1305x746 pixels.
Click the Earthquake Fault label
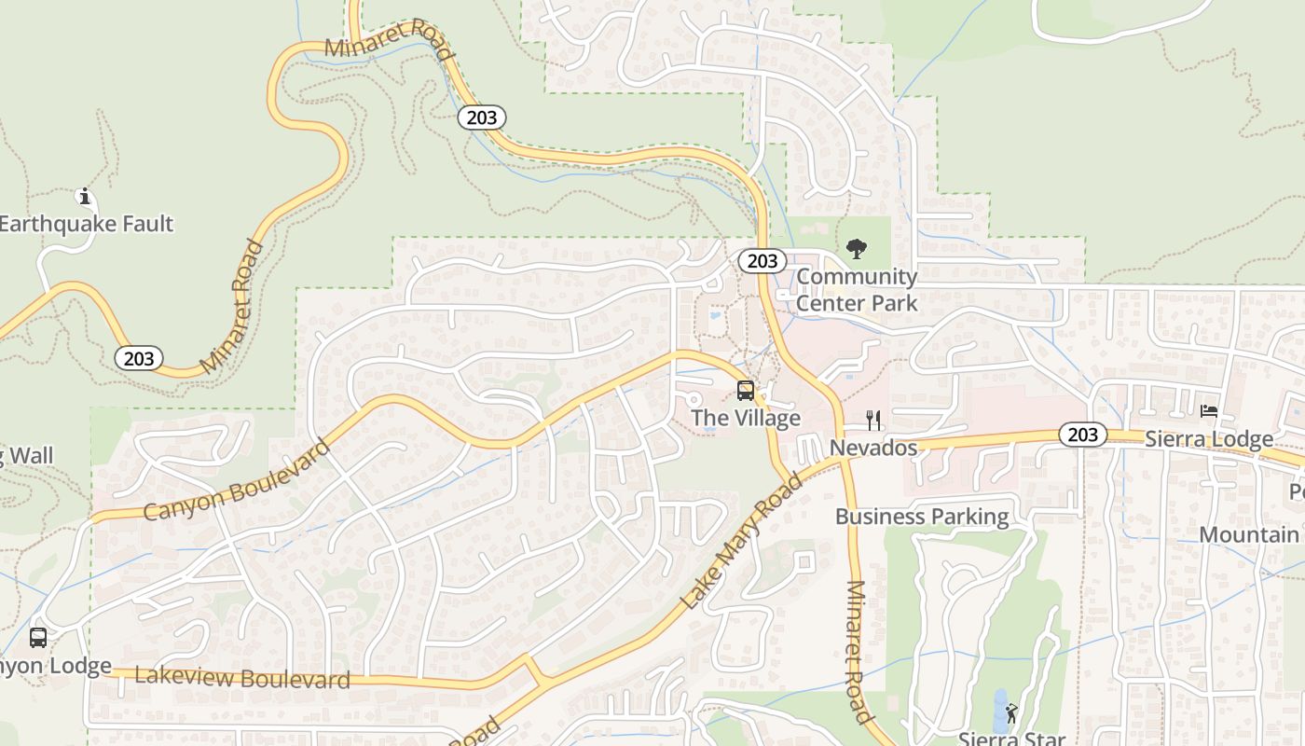click(86, 224)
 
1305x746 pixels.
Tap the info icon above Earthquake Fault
click(85, 196)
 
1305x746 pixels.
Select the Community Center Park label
click(857, 290)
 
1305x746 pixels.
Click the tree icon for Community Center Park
click(856, 249)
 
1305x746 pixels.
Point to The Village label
click(746, 418)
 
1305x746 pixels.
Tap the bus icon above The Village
click(746, 390)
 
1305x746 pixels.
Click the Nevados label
click(873, 448)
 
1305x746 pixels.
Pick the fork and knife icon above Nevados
click(873, 420)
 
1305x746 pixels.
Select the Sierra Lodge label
click(1209, 438)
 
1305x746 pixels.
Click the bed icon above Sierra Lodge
click(1209, 410)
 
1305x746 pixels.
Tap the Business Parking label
click(922, 517)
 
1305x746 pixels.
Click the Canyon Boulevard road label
click(239, 481)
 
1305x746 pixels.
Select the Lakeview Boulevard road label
click(242, 678)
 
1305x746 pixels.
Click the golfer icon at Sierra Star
click(1011, 713)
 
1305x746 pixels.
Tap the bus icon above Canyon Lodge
click(38, 638)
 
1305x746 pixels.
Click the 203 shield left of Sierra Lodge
click(1082, 434)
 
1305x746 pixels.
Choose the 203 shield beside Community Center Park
click(762, 261)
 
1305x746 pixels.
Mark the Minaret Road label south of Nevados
click(859, 653)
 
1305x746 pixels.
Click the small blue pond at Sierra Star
click(1000, 711)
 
